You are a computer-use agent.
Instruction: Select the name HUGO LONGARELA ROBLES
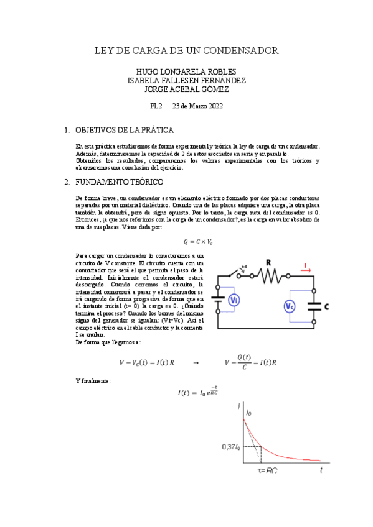click(x=186, y=71)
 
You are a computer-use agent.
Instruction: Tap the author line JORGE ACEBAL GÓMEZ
click(x=186, y=89)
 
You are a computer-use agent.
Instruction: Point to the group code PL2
click(x=156, y=106)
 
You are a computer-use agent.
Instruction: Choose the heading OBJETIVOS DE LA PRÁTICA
click(x=124, y=130)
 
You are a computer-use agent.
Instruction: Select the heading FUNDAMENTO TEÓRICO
click(x=119, y=182)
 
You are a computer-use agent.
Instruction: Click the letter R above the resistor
click(x=269, y=263)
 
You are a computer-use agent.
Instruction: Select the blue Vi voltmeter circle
click(x=232, y=301)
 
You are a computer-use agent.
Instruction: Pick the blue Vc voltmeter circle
click(x=290, y=306)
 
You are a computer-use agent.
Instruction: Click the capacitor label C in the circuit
click(x=327, y=307)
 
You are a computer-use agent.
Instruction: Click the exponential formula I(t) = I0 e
click(x=197, y=392)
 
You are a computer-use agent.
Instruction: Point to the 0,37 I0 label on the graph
click(x=230, y=446)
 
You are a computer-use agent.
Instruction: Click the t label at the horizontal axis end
click(x=321, y=470)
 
